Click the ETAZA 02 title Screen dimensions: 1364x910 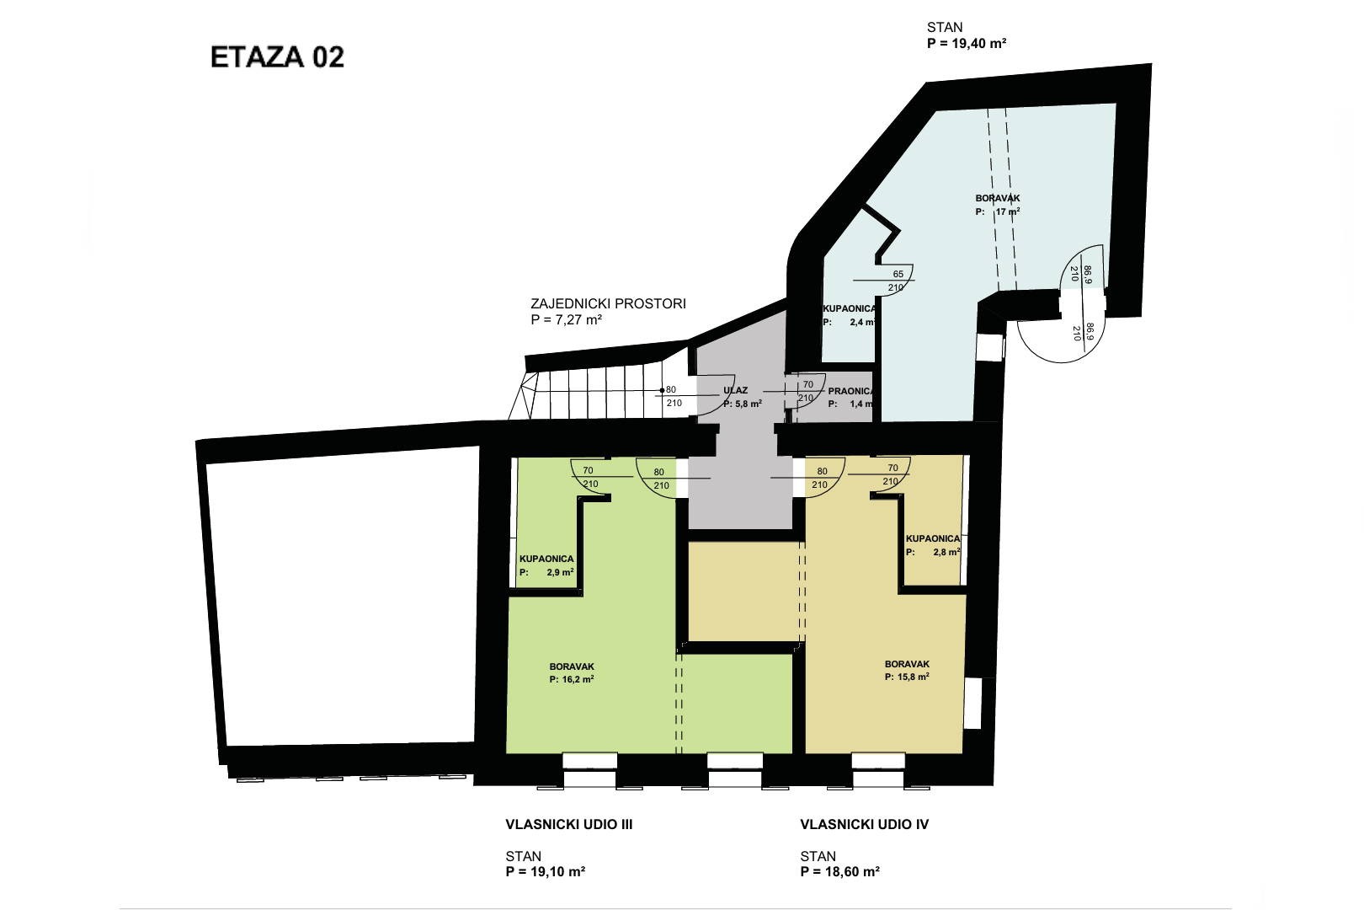(277, 57)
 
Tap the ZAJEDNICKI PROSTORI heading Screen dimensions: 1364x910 (608, 303)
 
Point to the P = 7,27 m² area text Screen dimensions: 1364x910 (567, 319)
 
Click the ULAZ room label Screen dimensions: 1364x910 (735, 390)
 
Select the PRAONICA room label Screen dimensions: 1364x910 (851, 391)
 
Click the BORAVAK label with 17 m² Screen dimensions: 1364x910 (998, 198)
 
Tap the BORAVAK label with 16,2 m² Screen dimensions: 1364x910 (572, 666)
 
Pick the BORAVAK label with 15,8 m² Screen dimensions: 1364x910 (908, 664)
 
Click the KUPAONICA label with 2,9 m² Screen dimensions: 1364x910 (546, 559)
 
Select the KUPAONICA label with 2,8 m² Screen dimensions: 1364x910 (933, 538)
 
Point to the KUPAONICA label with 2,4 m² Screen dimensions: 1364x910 (850, 309)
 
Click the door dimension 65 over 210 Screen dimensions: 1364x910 (897, 281)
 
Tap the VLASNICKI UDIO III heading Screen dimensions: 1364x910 (568, 825)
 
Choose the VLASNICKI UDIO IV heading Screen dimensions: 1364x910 (864, 825)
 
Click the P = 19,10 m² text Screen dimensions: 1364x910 (545, 871)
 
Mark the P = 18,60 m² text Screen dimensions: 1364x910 (839, 871)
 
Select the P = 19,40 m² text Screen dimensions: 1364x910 (967, 43)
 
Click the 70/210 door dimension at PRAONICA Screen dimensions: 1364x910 (807, 391)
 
